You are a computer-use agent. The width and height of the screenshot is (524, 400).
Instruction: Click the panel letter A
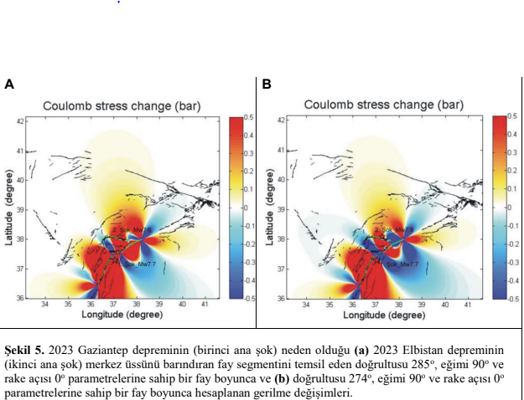pyautogui.click(x=9, y=85)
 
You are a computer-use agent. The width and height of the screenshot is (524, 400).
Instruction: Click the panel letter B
pyautogui.click(x=267, y=85)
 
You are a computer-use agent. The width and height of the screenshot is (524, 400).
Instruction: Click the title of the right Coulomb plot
pyautogui.click(x=383, y=105)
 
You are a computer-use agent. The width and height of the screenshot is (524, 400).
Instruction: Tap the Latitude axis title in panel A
pyautogui.click(x=8, y=208)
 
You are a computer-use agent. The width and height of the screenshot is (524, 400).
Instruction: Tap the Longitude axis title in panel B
pyautogui.click(x=381, y=315)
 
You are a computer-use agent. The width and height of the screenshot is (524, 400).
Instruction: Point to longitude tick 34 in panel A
pyautogui.click(x=44, y=305)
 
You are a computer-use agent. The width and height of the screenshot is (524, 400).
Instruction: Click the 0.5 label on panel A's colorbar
pyautogui.click(x=248, y=117)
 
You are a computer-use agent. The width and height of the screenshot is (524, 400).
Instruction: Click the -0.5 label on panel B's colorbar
pyautogui.click(x=511, y=299)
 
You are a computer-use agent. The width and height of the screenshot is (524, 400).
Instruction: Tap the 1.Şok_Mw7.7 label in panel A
pyautogui.click(x=139, y=264)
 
